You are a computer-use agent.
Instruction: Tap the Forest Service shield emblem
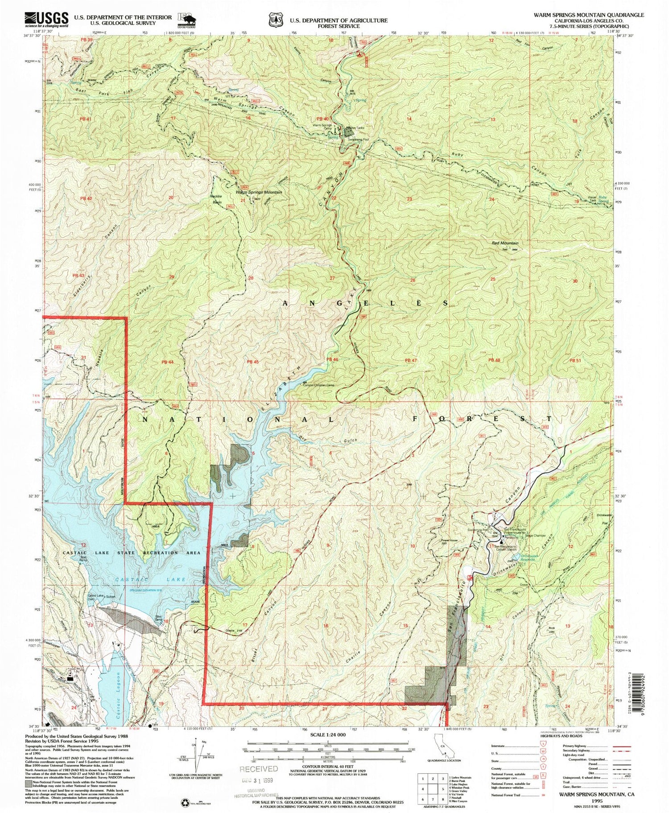pos(275,20)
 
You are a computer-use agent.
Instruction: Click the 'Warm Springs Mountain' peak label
pos(259,192)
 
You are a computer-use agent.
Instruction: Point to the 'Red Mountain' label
pos(505,243)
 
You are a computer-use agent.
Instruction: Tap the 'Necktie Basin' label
pos(217,199)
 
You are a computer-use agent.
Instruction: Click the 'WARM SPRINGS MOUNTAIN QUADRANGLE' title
pos(588,15)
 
